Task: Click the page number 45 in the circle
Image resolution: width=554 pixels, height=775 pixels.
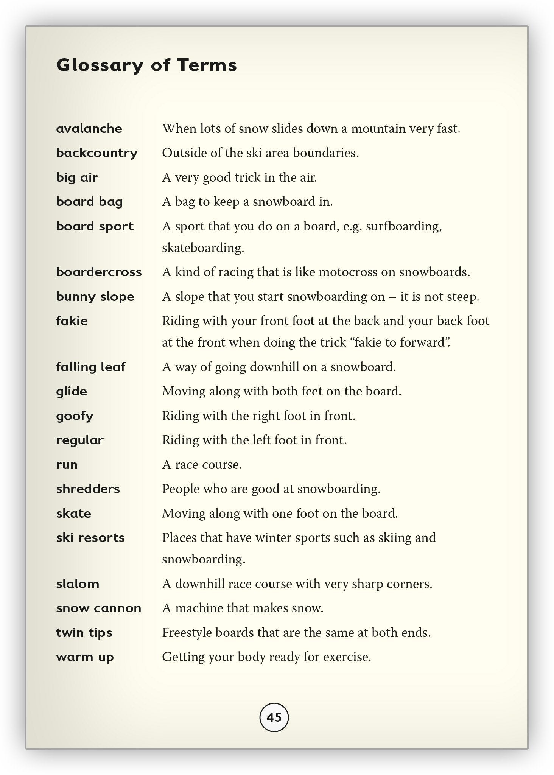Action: (x=274, y=717)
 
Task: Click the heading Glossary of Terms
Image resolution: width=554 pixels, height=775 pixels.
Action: (x=146, y=65)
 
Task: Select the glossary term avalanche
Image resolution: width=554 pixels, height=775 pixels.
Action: (x=89, y=129)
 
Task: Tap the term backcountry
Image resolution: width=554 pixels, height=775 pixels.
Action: (x=97, y=153)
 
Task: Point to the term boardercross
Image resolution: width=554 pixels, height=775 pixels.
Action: (x=99, y=272)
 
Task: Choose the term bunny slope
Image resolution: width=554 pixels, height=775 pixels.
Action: (x=95, y=297)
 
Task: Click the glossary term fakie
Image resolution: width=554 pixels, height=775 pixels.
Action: (x=72, y=321)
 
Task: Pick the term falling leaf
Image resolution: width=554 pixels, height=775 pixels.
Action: (x=90, y=367)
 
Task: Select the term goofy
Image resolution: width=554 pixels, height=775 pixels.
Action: (x=75, y=416)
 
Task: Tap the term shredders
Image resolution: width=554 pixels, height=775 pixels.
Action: (x=88, y=489)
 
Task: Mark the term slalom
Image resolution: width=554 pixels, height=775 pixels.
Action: (x=78, y=584)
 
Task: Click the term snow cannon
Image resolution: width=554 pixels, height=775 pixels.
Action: (x=98, y=608)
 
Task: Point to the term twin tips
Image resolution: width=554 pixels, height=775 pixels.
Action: (x=84, y=633)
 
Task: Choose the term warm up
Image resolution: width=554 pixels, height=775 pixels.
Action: (x=85, y=657)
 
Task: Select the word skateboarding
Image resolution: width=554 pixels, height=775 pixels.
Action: (x=203, y=248)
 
